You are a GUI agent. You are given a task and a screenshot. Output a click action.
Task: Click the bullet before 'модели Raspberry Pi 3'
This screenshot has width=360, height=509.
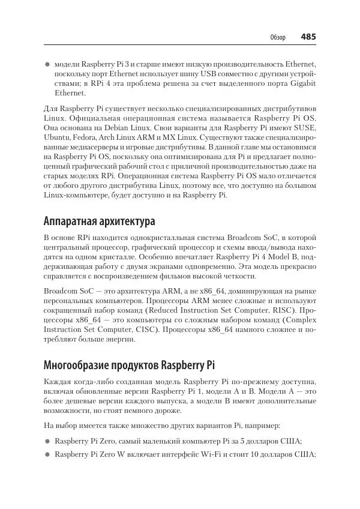point(48,63)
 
